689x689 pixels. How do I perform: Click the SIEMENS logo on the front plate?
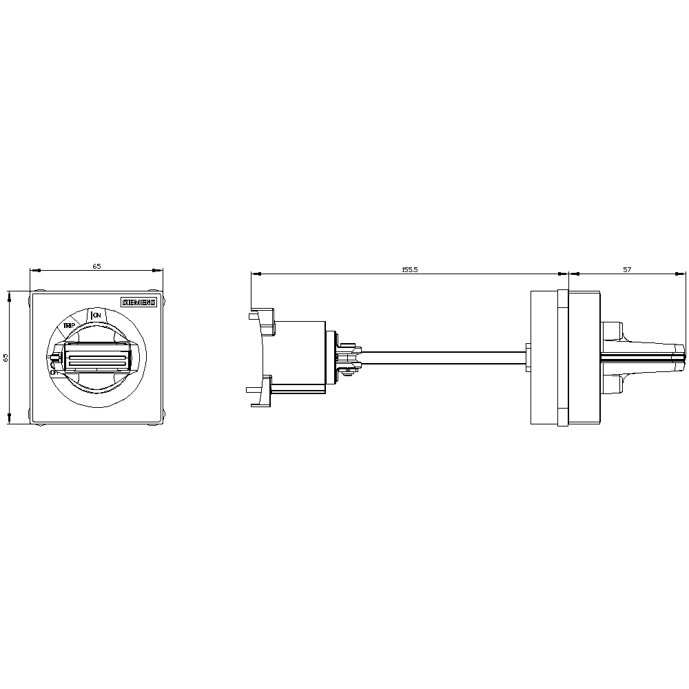point(139,302)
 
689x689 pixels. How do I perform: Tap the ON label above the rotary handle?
point(96,315)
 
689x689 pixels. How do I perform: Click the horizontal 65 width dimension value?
point(96,266)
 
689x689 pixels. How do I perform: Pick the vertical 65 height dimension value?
point(6,358)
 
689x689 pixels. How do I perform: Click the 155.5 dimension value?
point(410,270)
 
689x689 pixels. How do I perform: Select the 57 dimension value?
point(627,270)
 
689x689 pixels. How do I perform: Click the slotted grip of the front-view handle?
point(96,359)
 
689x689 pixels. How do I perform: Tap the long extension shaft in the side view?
point(441,357)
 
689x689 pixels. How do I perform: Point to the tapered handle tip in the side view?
point(672,357)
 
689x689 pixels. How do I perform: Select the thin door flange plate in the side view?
point(562,358)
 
